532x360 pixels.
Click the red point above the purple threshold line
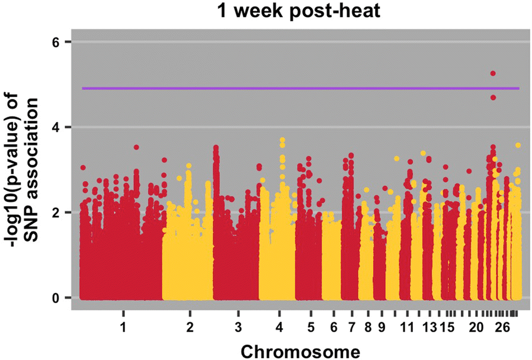(x=492, y=73)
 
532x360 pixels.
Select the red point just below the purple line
(x=493, y=98)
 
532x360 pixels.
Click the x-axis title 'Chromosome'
(x=301, y=351)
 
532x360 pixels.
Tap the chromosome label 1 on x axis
(x=123, y=327)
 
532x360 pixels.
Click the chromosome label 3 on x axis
(x=238, y=327)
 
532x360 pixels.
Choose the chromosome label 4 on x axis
(x=279, y=327)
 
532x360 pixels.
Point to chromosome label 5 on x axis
(x=311, y=327)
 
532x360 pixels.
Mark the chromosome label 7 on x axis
(x=351, y=327)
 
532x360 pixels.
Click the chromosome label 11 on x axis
(x=406, y=327)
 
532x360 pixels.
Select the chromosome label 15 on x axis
(x=447, y=327)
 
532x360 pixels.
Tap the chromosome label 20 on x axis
(x=475, y=327)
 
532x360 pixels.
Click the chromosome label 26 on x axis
(x=503, y=327)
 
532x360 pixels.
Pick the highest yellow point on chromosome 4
(x=282, y=140)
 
